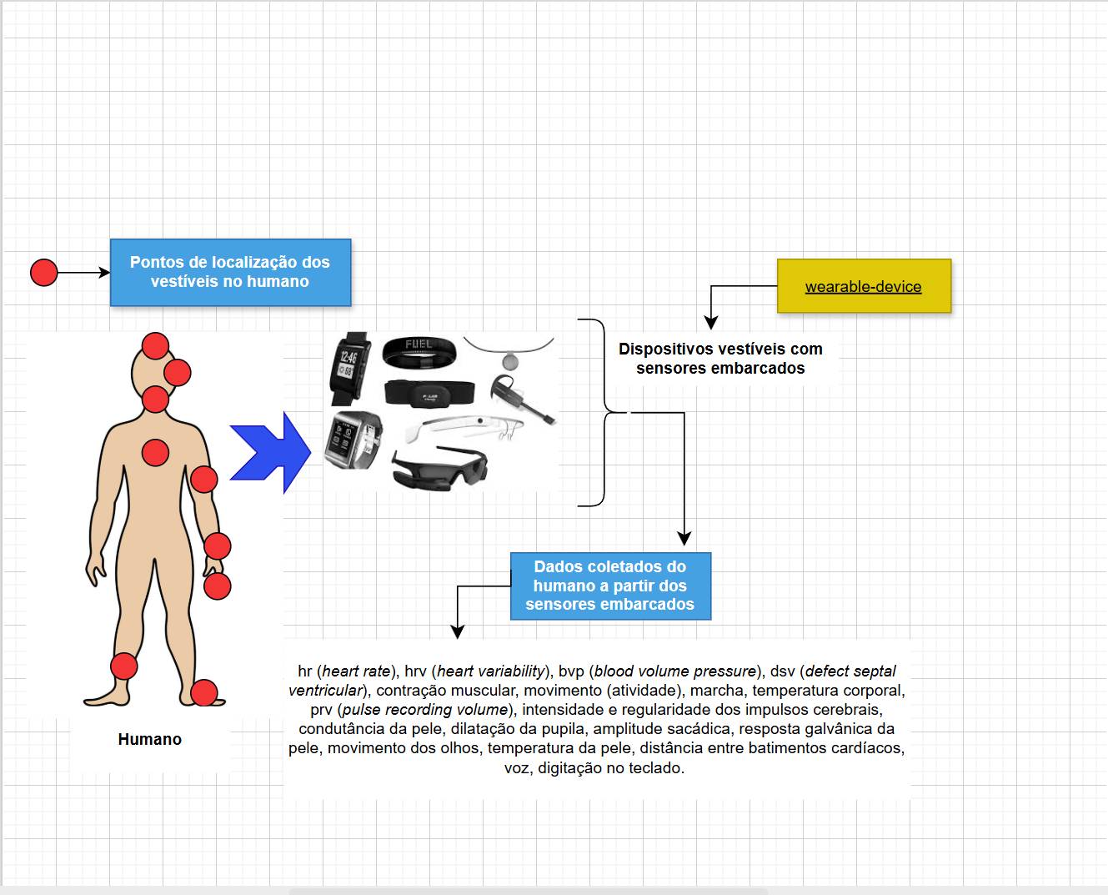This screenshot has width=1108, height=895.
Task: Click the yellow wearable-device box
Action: coord(864,286)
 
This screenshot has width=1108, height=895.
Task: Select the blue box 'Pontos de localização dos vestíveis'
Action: coord(230,273)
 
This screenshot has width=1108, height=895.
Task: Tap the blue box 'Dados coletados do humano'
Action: coord(610,586)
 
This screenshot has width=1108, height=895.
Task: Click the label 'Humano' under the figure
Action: coord(150,740)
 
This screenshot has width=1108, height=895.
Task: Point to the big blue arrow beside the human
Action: coord(272,453)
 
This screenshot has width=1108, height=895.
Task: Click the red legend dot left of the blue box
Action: coord(44,273)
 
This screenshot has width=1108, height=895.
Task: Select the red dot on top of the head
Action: coord(155,345)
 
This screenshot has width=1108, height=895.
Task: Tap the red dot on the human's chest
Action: coord(155,453)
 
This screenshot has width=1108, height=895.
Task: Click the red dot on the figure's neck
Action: coord(155,400)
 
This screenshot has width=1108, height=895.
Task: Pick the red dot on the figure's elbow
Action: coord(203,480)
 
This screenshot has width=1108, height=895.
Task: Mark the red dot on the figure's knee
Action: coord(123,666)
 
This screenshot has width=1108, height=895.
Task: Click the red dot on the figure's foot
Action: coord(203,693)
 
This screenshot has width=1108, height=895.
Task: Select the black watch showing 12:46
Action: coord(350,367)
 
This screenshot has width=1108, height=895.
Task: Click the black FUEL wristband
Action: coord(419,352)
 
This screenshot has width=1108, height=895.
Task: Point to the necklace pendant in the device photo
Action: coord(509,362)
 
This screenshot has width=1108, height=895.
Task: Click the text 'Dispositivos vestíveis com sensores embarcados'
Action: coord(720,359)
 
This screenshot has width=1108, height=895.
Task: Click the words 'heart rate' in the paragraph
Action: coord(356,671)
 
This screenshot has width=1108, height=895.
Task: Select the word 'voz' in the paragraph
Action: coord(516,768)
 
